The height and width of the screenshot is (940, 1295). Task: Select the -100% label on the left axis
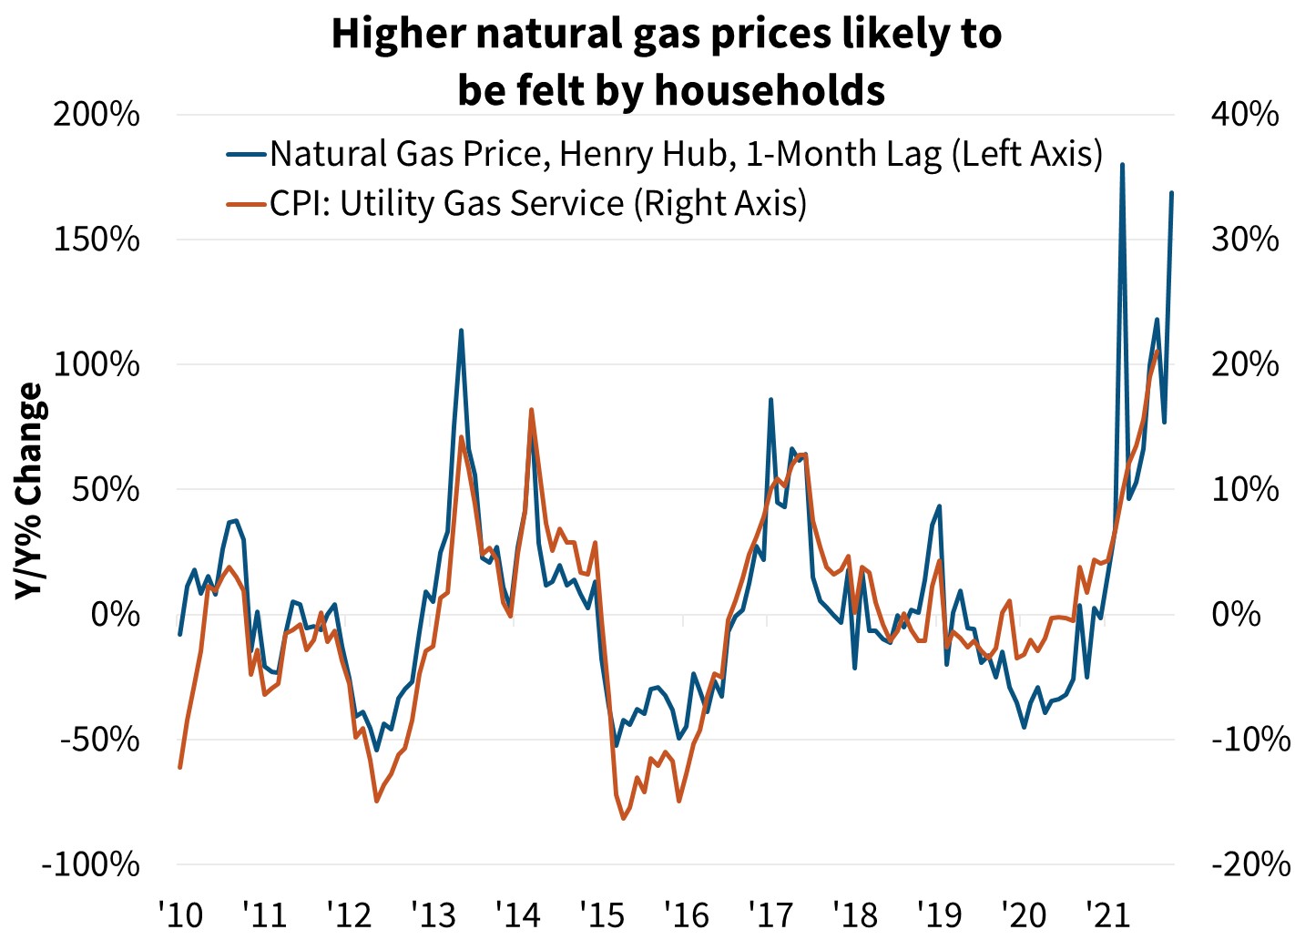coord(91,864)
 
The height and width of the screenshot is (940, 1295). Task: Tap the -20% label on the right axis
coord(1249,864)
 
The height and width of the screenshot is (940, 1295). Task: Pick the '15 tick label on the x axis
coord(601,914)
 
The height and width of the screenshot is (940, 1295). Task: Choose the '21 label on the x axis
coord(1108,914)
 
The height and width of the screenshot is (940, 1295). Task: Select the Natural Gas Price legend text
coord(686,154)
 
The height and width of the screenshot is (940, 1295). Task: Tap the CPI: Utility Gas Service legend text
coord(537,203)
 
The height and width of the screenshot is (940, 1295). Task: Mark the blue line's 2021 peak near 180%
coord(1122,165)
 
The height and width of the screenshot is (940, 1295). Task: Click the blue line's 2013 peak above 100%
coord(461,331)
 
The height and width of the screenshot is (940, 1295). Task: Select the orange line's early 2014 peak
coord(531,410)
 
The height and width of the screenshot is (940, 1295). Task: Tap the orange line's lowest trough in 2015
coord(624,819)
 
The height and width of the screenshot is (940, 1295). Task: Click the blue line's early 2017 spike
coord(770,399)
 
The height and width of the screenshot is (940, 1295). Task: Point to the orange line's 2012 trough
coord(376,802)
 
